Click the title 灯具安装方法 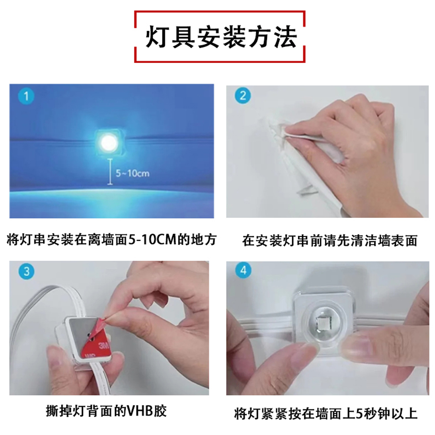pyautogui.click(x=221, y=37)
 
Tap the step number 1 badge pyautogui.click(x=26, y=96)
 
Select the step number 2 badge pyautogui.click(x=243, y=96)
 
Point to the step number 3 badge pyautogui.click(x=27, y=271)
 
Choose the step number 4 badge pyautogui.click(x=243, y=270)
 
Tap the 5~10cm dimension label pyautogui.click(x=133, y=173)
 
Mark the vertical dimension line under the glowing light pyautogui.click(x=110, y=172)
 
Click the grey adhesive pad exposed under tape pyautogui.click(x=79, y=328)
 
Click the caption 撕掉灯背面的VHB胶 pyautogui.click(x=106, y=411)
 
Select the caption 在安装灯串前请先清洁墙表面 pyautogui.click(x=330, y=240)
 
